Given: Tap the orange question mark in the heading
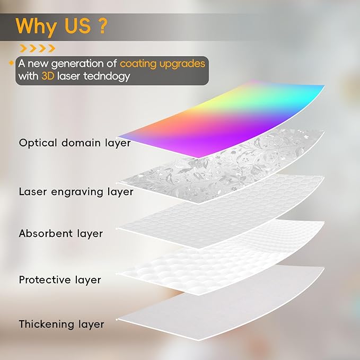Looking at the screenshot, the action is (102, 26).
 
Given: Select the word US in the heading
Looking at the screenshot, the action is (77, 26).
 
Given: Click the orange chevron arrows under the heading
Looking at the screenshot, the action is (38, 48).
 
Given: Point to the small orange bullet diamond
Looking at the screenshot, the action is (11, 63).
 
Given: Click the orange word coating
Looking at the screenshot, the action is (138, 64).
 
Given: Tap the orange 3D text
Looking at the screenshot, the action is (48, 76).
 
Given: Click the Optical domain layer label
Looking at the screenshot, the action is (75, 143).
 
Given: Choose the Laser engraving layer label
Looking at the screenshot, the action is (76, 192).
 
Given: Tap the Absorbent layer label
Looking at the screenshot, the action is (61, 234).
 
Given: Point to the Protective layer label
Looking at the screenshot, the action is (60, 280).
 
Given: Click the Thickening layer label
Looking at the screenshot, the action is (62, 324).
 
